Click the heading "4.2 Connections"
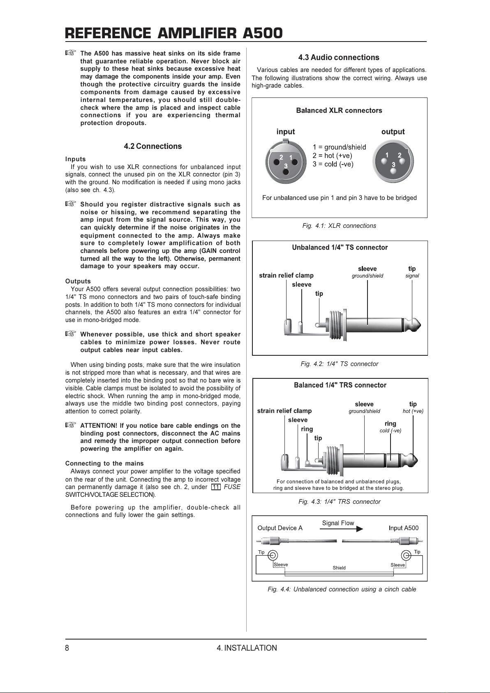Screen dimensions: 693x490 tap(153, 146)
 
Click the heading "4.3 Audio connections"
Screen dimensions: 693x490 tap(339, 58)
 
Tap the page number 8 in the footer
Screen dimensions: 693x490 tap(67, 648)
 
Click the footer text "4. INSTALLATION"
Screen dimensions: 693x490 tap(247, 648)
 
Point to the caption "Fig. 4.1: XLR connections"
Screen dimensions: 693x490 tap(339, 226)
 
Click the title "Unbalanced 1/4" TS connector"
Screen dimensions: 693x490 tap(340, 248)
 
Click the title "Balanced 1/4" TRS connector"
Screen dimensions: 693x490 tap(340, 385)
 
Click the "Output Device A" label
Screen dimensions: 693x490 tap(280, 528)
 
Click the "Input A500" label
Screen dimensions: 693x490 tap(403, 528)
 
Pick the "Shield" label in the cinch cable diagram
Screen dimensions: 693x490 tap(339, 568)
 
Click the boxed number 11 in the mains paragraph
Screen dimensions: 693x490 tap(216, 487)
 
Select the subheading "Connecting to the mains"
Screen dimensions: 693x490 tap(104, 464)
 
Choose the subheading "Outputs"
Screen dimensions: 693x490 tap(78, 281)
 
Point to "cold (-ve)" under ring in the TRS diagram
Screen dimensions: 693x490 tap(390, 431)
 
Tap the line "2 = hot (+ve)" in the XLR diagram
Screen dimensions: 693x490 tap(332, 156)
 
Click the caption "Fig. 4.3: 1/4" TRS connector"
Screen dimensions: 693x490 tap(339, 502)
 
